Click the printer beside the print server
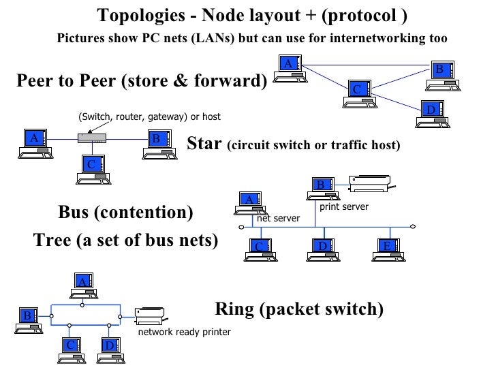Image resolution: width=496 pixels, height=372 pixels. [369, 183]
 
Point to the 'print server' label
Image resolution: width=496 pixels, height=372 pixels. [343, 206]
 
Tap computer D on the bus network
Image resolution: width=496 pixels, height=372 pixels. [324, 249]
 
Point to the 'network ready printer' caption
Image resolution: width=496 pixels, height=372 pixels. [184, 332]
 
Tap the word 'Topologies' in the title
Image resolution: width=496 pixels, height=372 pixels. [136, 15]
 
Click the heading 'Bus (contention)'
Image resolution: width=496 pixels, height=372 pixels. [125, 212]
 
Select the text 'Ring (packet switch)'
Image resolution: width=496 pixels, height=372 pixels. [299, 309]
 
